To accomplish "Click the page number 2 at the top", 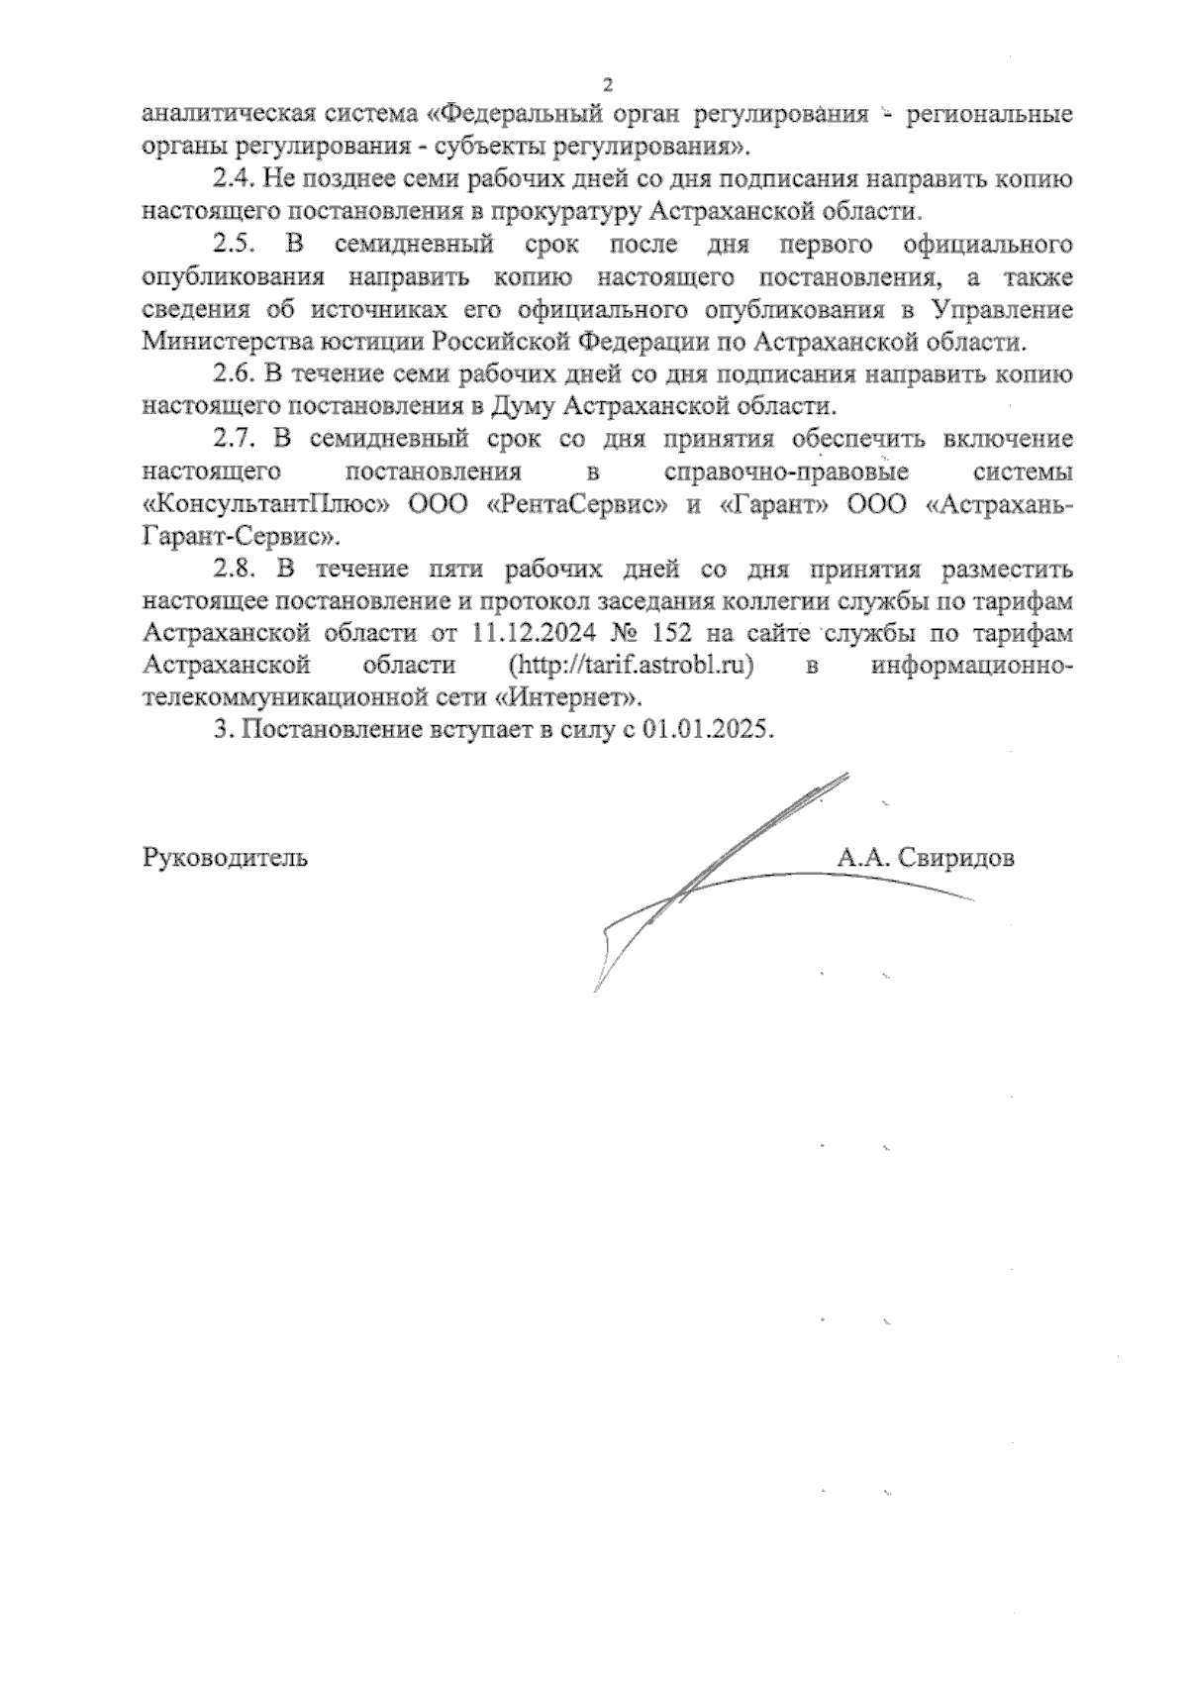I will click(608, 84).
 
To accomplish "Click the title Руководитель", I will click(226, 858).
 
